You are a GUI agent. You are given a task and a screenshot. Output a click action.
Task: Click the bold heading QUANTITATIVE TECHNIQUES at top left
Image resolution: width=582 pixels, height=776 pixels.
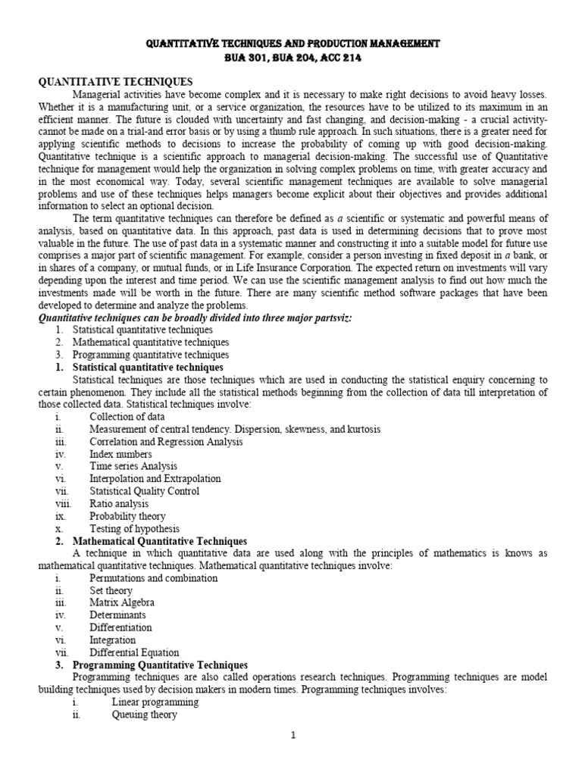coord(115,82)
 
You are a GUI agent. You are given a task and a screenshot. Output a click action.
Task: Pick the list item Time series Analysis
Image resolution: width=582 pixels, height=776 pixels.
coord(133,466)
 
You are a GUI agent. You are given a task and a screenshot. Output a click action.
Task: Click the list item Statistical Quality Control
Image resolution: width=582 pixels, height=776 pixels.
coord(145,491)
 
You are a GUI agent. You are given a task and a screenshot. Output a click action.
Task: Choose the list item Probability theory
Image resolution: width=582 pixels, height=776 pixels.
coord(127,516)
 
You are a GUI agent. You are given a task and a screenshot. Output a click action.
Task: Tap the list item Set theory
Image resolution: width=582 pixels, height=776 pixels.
coord(111,590)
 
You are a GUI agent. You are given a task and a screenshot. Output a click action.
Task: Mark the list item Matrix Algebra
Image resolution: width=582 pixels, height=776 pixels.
coord(122,602)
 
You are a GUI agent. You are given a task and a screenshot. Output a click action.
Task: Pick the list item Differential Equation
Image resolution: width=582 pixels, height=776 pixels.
coord(134,652)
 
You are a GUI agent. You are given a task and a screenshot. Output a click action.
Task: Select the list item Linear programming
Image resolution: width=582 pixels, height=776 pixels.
coord(155,702)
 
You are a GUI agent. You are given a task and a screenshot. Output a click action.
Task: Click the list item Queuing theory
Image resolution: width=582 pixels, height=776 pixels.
coord(145,714)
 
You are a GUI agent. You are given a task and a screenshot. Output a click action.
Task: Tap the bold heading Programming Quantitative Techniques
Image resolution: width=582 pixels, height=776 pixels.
coord(161,665)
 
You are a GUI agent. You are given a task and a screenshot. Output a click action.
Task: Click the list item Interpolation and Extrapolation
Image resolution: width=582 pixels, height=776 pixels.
coord(155,479)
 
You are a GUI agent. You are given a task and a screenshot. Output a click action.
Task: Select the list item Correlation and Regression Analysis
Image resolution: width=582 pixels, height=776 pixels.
coord(166,441)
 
